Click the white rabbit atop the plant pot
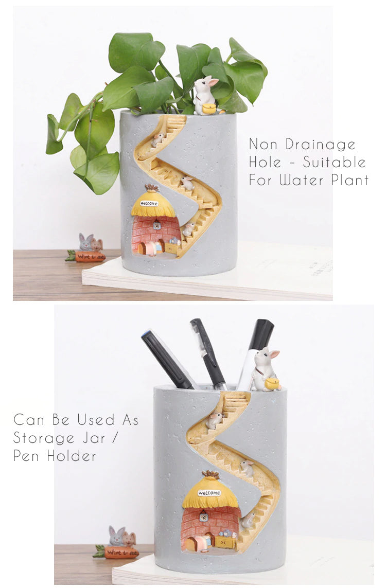coord(204,93)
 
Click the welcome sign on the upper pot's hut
coord(149,203)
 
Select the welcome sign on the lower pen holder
coord(209,493)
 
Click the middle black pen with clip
coord(208,352)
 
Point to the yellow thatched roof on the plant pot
coord(153,205)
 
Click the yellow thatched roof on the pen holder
coord(209,494)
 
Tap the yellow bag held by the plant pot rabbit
coord(209,109)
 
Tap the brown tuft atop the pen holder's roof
coord(209,474)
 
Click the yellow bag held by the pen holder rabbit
coord(272,383)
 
